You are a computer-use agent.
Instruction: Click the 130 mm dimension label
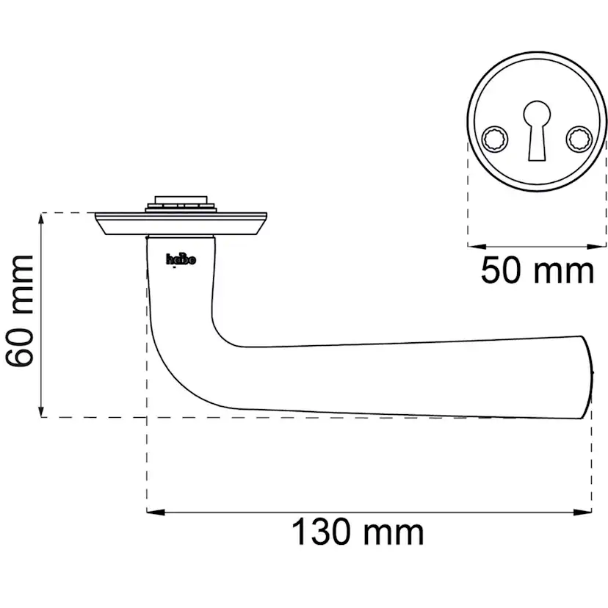(x=358, y=532)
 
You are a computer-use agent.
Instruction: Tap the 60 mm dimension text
(x=20, y=311)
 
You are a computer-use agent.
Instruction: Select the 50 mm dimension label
(x=538, y=270)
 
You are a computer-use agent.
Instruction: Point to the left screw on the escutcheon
(x=495, y=139)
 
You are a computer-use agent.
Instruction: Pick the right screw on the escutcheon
(x=579, y=139)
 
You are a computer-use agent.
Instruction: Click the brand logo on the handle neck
(x=181, y=259)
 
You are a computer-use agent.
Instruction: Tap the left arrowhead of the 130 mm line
(x=156, y=513)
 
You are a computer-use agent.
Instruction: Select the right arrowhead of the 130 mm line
(x=582, y=513)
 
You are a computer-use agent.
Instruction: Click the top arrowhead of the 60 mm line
(x=41, y=222)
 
